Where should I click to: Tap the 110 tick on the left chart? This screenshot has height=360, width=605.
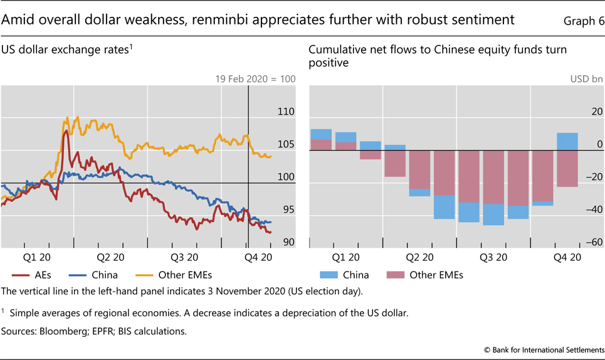pos(285,112)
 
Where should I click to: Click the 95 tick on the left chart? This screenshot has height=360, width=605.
pos(285,209)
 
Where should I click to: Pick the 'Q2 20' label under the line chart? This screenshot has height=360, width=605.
pos(110,257)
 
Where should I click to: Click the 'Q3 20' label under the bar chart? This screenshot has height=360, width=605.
pos(493,257)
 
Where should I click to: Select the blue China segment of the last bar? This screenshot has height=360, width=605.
pos(567,142)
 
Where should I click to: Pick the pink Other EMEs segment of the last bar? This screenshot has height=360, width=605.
pos(567,169)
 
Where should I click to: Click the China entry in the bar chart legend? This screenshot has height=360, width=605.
pos(354,274)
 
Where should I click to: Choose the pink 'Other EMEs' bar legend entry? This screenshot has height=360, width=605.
pos(436,274)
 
